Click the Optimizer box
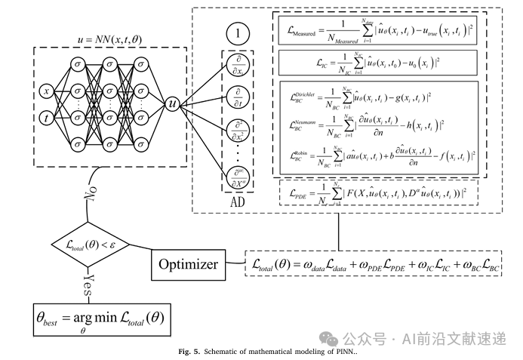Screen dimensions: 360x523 pyautogui.click(x=189, y=265)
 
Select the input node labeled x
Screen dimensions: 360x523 pyautogui.click(x=47, y=91)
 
